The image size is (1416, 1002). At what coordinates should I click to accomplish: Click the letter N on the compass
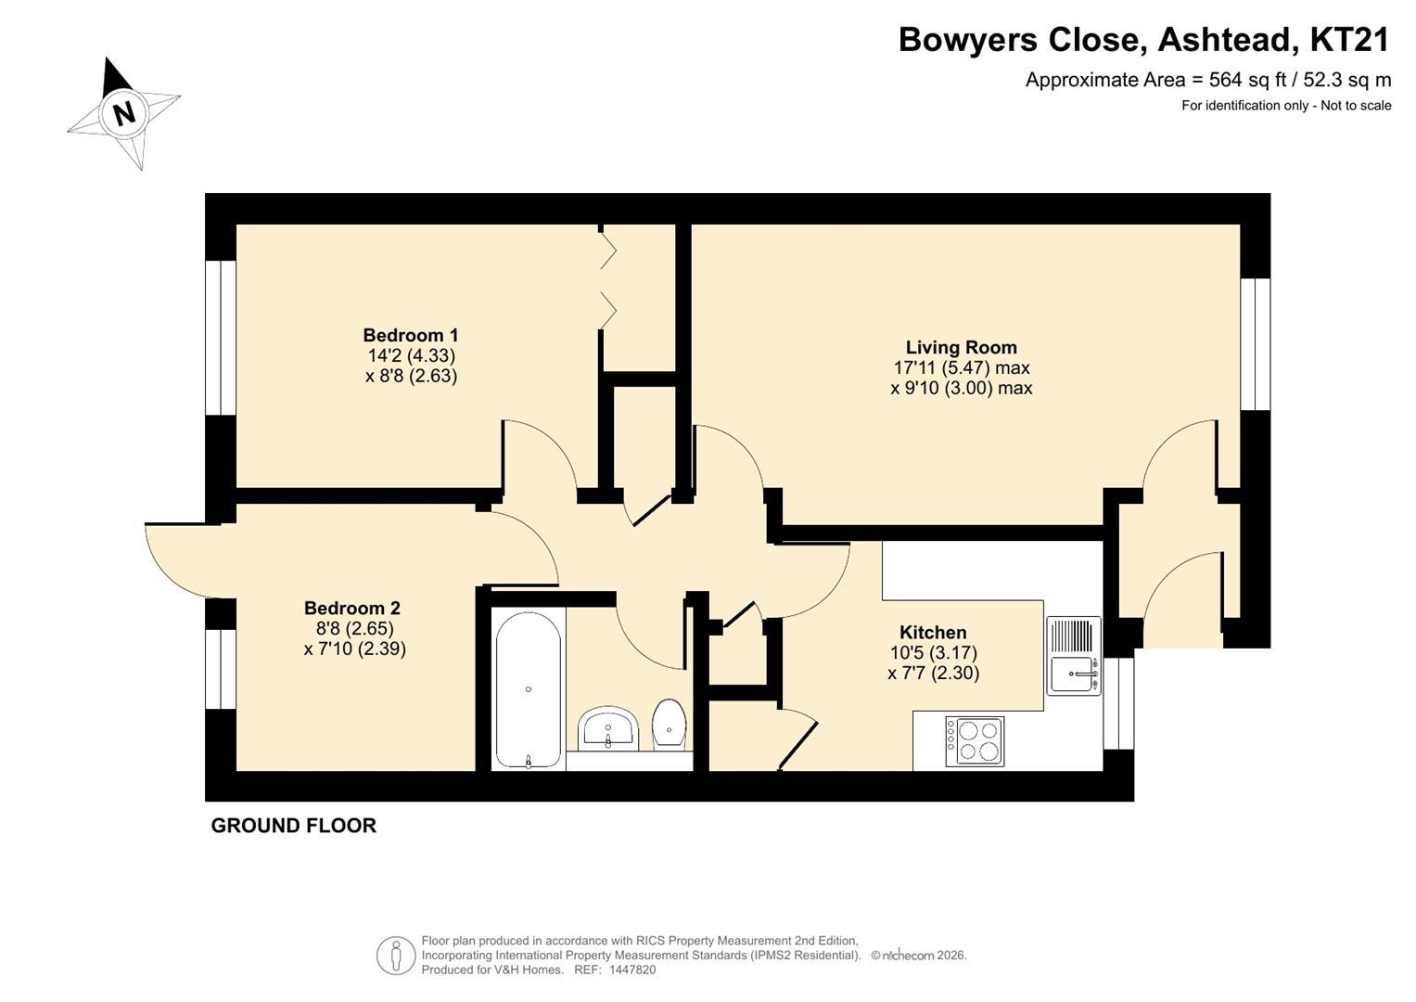pos(124,114)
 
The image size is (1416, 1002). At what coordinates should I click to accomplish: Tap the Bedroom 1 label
pos(410,335)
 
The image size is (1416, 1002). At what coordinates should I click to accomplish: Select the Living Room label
pos(961,347)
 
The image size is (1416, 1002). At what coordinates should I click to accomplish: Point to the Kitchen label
pos(933,632)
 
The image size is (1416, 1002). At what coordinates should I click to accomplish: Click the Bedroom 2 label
pos(352,608)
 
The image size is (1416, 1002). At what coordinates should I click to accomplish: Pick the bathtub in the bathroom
pos(528,689)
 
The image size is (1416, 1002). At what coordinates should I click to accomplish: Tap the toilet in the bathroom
pos(669,725)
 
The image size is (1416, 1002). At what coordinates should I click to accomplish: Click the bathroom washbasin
pos(607,727)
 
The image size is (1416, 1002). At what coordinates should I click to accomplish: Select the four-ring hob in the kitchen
pos(974,741)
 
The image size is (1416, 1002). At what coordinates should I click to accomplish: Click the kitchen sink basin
pos(1073,674)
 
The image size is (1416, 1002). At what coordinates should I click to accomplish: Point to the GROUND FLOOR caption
pos(293,826)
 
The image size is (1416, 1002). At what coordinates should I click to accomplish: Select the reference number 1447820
pos(631,970)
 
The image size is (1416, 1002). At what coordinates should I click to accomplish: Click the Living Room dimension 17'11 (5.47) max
pos(961,367)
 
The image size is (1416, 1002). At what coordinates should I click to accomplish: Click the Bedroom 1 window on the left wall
pos(221,338)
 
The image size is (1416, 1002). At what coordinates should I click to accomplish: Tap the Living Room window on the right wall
pos(1256,344)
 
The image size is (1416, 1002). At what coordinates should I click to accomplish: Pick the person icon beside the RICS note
pos(396,956)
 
